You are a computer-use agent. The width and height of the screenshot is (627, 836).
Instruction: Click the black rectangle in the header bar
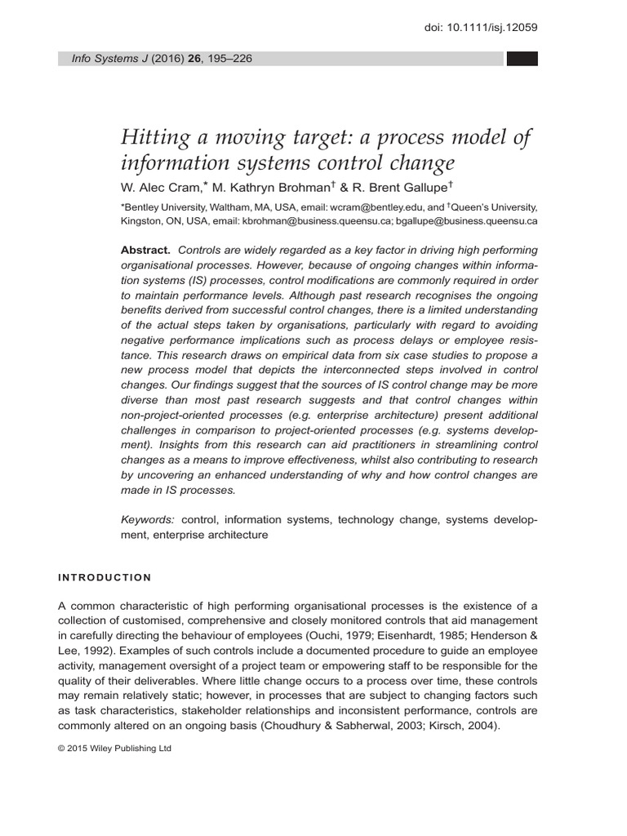click(x=522, y=59)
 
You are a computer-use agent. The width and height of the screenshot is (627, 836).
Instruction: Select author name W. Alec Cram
click(x=160, y=187)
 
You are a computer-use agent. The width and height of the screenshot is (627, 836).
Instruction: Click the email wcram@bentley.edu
click(x=382, y=207)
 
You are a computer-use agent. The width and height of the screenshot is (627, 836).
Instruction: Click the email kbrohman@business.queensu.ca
click(x=318, y=220)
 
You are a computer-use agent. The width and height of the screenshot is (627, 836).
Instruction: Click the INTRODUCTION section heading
click(x=104, y=578)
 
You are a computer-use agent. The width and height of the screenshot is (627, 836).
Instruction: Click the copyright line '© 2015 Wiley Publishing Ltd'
click(x=115, y=748)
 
